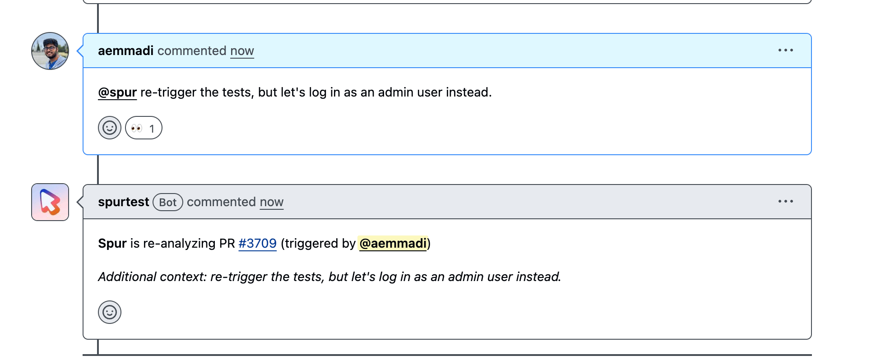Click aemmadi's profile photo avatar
point(50,51)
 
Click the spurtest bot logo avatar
point(50,202)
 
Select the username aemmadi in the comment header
point(126,51)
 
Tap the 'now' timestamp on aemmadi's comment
point(242,51)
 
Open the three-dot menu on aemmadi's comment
point(785,50)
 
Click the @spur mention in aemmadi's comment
point(117,92)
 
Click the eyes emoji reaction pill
point(144,128)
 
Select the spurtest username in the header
point(124,202)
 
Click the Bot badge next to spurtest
point(168,202)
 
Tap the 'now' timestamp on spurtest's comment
point(272,202)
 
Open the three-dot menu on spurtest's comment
point(785,201)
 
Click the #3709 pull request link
point(257,244)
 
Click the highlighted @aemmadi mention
point(393,244)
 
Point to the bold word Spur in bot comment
point(112,244)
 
